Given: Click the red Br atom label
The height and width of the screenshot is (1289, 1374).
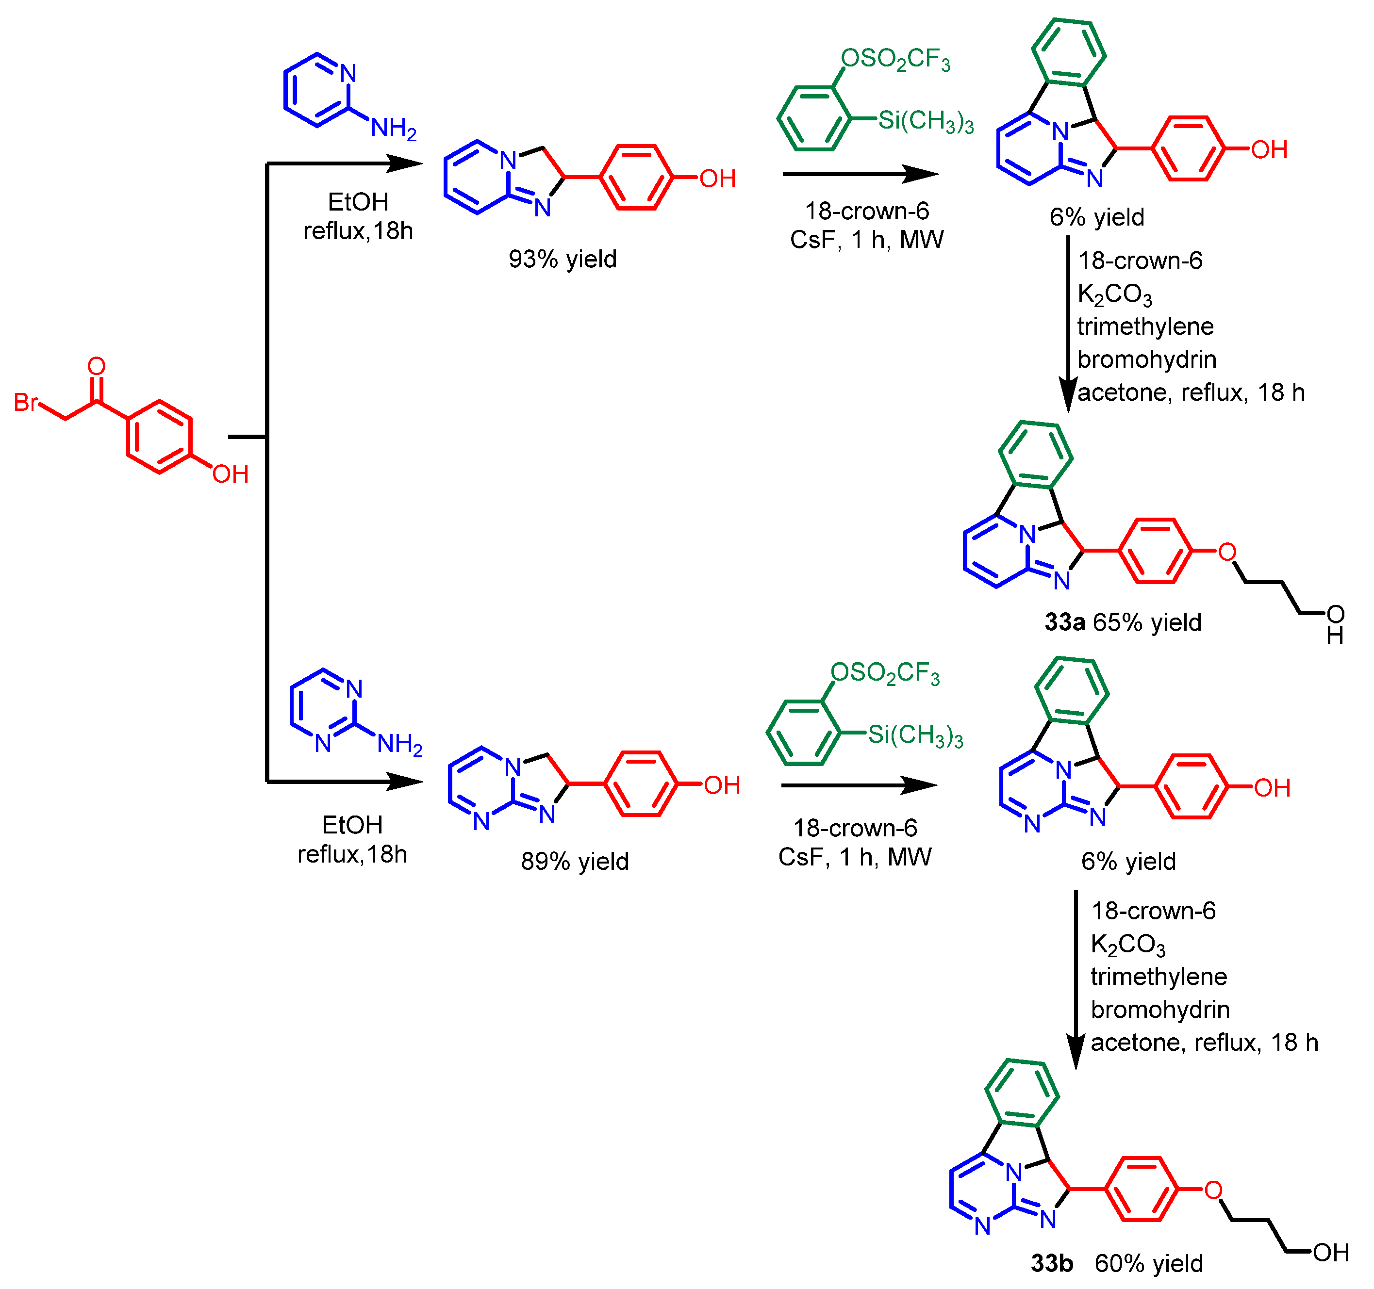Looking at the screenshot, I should tap(26, 402).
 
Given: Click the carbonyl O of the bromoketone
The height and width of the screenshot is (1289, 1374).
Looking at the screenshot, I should tap(97, 366).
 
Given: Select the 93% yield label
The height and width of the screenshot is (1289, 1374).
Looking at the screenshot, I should tap(562, 259).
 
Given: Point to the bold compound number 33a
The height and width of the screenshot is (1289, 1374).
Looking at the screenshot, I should tap(1064, 622).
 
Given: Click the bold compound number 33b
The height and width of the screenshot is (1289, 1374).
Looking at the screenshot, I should tap(1052, 1263).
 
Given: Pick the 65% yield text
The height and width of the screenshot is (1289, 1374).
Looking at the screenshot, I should tap(1147, 622).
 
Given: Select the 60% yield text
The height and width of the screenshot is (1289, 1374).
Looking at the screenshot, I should tap(1149, 1263).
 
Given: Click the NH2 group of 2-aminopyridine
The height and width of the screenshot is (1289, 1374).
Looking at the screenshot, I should tap(393, 128).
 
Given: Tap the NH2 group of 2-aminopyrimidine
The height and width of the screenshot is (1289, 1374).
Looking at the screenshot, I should tap(399, 744).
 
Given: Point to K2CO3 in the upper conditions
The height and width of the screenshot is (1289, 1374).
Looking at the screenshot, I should tap(1115, 295).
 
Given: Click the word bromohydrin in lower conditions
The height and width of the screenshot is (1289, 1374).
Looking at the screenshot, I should tap(1160, 1009).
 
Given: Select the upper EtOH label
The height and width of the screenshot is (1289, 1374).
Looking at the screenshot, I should tap(358, 202).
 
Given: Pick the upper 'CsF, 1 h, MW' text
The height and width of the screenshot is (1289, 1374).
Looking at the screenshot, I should tap(867, 240).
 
